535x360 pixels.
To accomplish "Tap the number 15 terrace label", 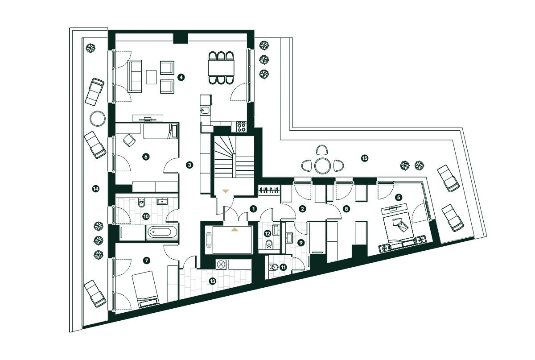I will [364, 158].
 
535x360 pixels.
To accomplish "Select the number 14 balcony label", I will [95, 189].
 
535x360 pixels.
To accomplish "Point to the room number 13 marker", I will [212, 281].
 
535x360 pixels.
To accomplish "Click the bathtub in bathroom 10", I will [162, 232].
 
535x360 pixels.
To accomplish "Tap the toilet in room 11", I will [275, 267].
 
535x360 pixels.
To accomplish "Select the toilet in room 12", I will [269, 244].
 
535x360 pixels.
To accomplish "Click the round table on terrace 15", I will [322, 166].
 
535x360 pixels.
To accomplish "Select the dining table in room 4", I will [222, 68].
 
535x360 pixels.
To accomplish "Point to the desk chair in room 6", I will [129, 140].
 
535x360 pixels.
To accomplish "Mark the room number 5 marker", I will [398, 196].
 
